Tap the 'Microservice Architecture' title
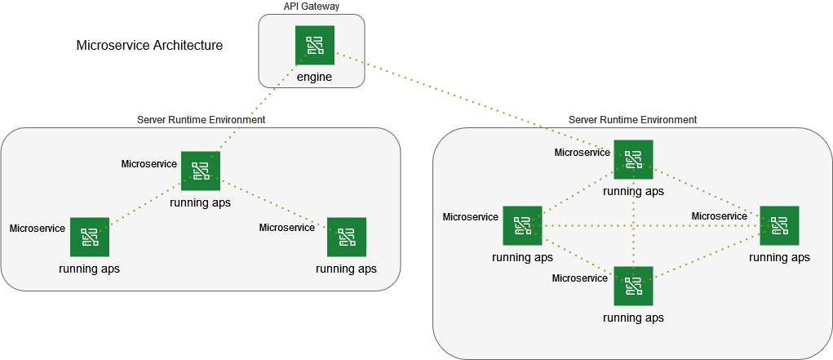[149, 46]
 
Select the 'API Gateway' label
[311, 7]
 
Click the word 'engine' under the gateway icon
[314, 77]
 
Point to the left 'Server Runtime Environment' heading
[201, 119]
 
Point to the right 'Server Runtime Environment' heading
[632, 119]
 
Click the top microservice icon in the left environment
[201, 171]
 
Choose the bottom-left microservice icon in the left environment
[90, 237]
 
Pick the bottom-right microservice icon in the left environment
[346, 237]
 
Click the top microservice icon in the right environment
[633, 160]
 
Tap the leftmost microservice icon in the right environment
[522, 225]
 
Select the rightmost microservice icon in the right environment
[779, 225]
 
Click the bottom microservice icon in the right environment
[633, 286]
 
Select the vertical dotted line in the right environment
[633, 237]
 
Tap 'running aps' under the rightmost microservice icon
[779, 257]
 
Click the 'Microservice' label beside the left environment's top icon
[149, 164]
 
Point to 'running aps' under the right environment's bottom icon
[633, 318]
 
